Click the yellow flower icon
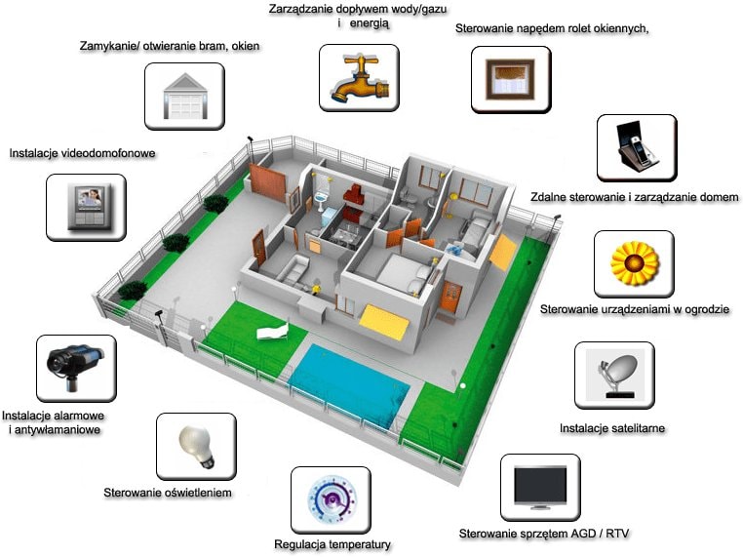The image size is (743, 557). click(634, 262)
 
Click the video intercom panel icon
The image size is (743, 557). click(85, 207)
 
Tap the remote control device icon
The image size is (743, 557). click(637, 147)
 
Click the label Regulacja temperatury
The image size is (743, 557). click(332, 544)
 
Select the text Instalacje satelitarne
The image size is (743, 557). click(612, 428)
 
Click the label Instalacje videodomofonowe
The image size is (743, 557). click(82, 153)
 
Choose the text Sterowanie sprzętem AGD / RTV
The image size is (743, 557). click(545, 534)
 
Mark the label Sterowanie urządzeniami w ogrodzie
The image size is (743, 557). click(635, 310)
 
